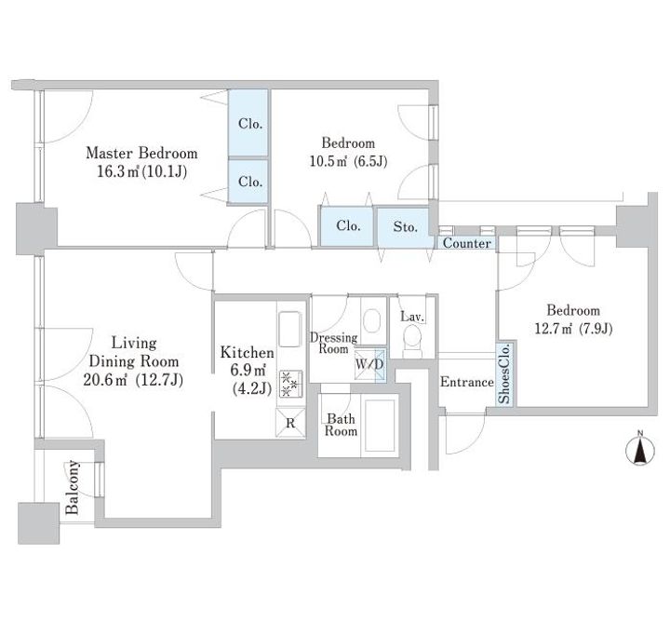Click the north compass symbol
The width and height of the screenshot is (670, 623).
[x=639, y=449]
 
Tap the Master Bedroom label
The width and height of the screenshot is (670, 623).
[x=141, y=153]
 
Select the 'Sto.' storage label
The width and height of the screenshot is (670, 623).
[x=405, y=226]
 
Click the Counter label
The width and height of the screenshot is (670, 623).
[x=466, y=243]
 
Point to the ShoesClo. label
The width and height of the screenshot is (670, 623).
[x=504, y=373]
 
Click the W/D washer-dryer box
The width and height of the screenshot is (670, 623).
[x=370, y=365]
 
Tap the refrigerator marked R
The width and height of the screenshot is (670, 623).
[x=290, y=423]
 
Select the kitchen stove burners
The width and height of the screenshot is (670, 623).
[x=290, y=384]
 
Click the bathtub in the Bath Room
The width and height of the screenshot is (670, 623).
[x=380, y=426]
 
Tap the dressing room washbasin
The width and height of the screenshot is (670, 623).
[x=371, y=320]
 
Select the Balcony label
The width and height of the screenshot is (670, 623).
[x=73, y=487]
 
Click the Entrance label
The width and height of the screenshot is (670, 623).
[x=467, y=382]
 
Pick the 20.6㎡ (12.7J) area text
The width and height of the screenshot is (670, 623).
[x=133, y=380]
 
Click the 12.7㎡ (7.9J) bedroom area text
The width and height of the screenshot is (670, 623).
[x=573, y=329]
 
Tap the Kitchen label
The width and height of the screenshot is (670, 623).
[x=247, y=352]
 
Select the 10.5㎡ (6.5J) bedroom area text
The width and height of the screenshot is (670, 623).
[x=348, y=162]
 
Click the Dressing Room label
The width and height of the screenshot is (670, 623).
[x=334, y=343]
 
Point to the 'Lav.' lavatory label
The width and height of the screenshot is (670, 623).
[x=412, y=317]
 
